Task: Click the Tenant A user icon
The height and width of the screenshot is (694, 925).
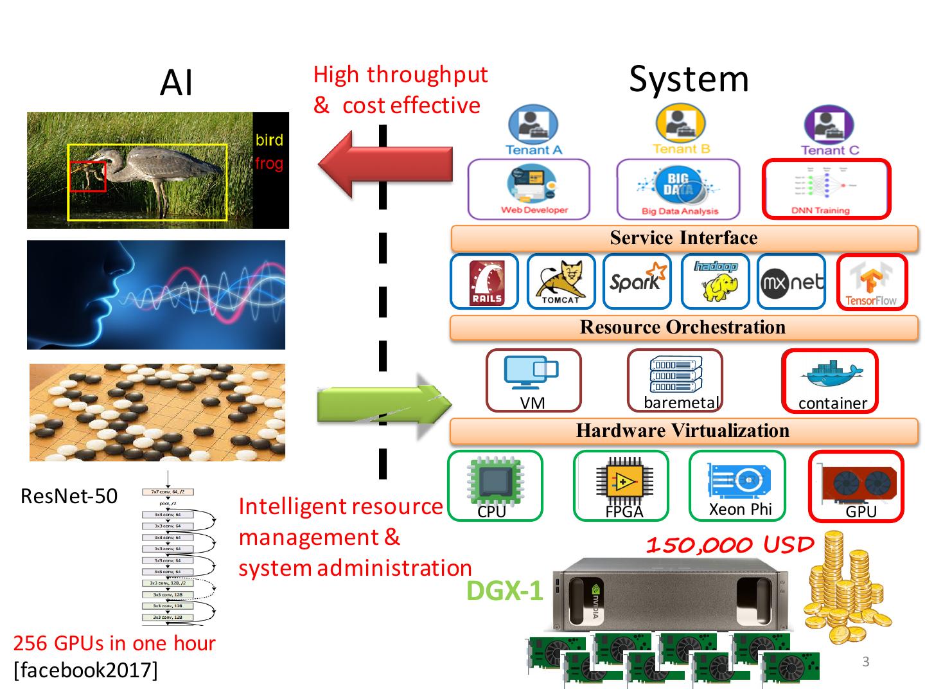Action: pos(533,125)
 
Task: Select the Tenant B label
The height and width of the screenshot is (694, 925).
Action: pos(681,149)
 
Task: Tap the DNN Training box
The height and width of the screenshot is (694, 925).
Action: pos(826,189)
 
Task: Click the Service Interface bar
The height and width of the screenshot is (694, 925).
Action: pos(684,238)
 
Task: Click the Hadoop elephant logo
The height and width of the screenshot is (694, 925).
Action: pos(716,281)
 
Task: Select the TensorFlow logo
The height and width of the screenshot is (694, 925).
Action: pos(871,283)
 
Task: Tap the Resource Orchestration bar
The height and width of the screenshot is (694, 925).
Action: pos(683,328)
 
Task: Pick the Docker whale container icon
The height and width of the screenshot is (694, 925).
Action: pos(832,375)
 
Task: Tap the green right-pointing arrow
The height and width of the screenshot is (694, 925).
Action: pos(384,405)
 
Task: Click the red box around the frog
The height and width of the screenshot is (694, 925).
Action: pos(88,176)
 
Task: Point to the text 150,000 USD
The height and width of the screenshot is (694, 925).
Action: pos(730,546)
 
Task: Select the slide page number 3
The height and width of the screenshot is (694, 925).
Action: pos(866,662)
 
